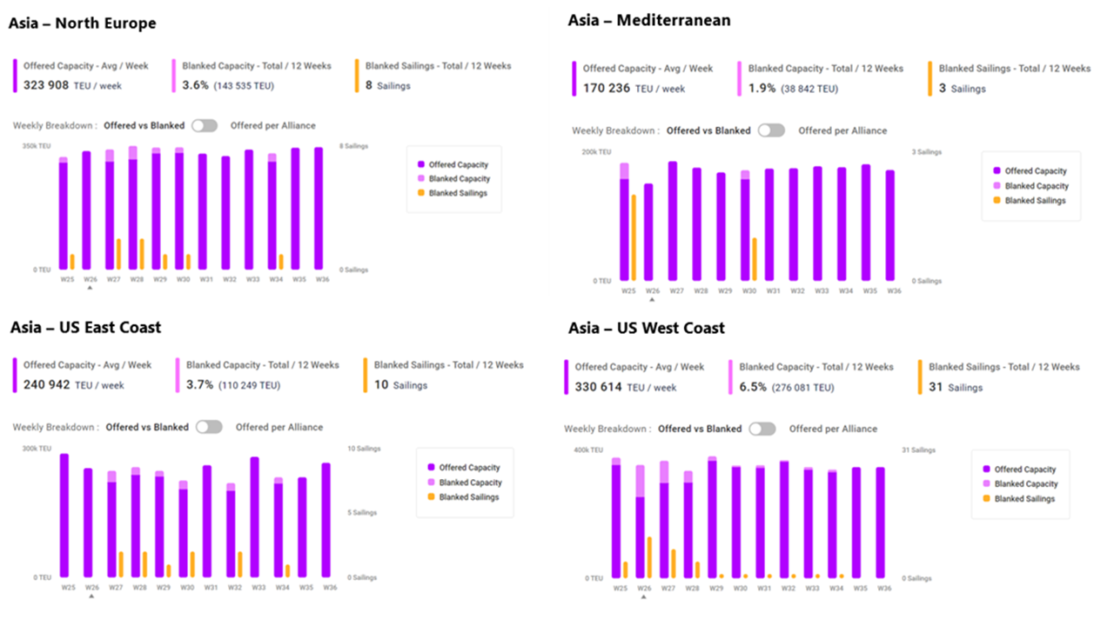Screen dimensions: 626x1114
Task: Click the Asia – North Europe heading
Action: point(83,23)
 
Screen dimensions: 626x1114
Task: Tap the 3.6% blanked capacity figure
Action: point(196,85)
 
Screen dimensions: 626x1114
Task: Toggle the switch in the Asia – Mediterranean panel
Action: point(770,130)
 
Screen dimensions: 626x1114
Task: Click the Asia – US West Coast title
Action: point(646,328)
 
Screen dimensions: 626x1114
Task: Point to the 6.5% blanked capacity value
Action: point(753,387)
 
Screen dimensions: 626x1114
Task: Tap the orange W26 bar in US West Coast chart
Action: point(649,557)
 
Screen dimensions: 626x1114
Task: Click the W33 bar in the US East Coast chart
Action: point(254,516)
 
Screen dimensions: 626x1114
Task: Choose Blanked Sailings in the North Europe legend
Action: point(458,193)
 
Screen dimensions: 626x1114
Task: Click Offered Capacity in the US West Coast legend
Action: point(1024,469)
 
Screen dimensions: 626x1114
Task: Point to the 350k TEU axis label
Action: point(36,146)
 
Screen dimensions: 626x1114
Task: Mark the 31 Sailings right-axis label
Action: point(918,450)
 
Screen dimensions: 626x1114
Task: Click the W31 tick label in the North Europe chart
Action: point(206,279)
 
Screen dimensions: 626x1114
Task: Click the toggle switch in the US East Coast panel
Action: point(209,427)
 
